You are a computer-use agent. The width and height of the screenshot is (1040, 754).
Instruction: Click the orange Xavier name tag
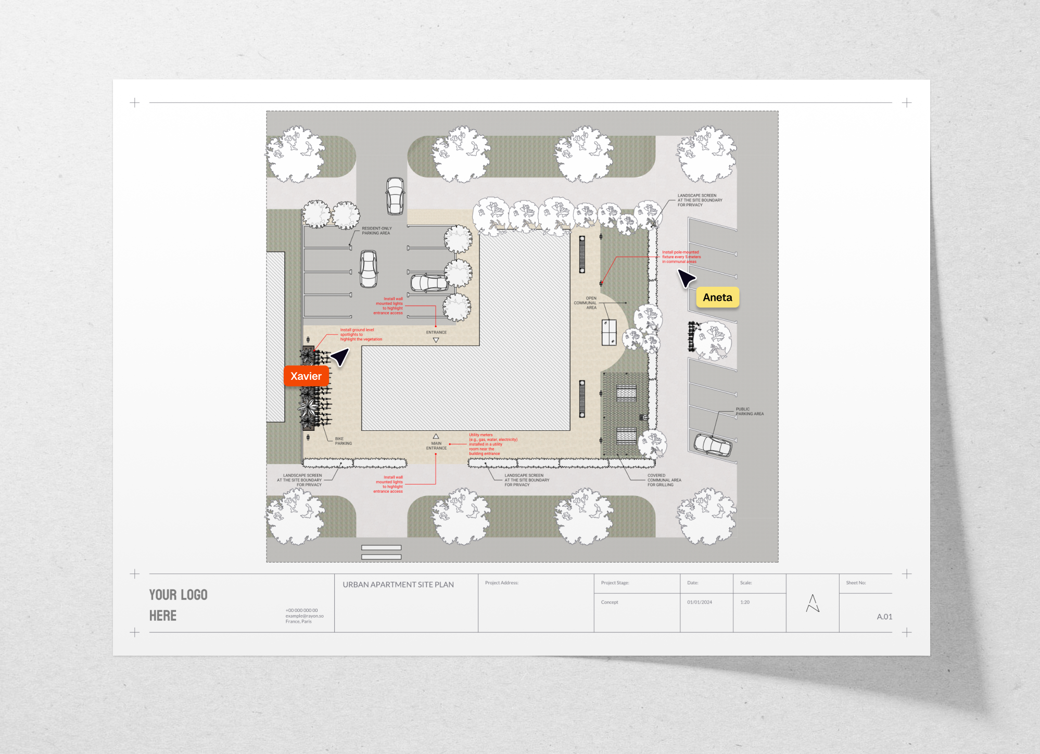[306, 376]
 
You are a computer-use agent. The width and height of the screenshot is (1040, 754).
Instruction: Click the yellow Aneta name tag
[717, 298]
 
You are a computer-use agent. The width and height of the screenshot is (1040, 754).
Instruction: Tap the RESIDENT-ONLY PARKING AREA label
[376, 231]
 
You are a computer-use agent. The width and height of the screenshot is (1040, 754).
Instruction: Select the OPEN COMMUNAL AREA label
[586, 303]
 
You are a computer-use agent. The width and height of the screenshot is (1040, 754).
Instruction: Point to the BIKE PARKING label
[343, 441]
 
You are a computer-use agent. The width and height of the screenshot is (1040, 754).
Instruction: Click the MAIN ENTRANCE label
[436, 446]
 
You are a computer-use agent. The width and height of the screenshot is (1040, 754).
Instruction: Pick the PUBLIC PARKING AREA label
[750, 412]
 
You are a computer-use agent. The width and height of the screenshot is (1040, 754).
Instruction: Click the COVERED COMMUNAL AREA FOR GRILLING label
[664, 480]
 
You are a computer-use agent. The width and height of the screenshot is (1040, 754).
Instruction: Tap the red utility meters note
[492, 444]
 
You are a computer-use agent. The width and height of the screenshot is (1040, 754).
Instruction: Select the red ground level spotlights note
[360, 335]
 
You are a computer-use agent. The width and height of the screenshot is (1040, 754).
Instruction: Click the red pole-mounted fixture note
[681, 257]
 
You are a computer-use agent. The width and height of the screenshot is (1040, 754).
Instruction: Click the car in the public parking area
[713, 445]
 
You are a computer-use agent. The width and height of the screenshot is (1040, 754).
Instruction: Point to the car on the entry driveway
[395, 196]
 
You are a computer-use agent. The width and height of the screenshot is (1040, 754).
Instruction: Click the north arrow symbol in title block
[813, 604]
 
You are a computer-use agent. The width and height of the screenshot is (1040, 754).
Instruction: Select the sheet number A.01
[884, 617]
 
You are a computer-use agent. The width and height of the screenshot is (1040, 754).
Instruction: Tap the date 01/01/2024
[699, 602]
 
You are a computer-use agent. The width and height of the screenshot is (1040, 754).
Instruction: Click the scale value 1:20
[745, 602]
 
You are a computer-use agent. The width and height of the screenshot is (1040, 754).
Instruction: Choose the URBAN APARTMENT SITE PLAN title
[398, 585]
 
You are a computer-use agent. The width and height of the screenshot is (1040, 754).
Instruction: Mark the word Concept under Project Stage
[610, 602]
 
